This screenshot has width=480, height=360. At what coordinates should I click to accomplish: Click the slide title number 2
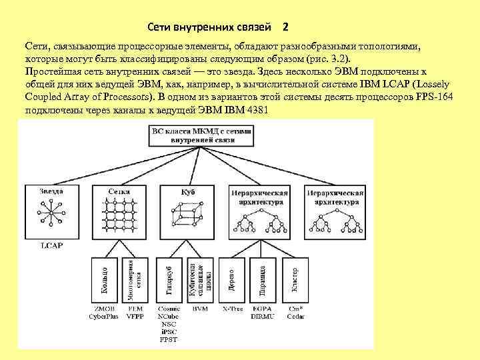[285, 27]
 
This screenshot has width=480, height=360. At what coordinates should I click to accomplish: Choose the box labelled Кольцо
[105, 279]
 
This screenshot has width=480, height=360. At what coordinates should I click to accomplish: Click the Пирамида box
[263, 279]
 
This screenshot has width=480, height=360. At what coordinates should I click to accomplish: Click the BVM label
[199, 310]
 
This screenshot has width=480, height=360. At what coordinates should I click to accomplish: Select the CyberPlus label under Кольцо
[103, 317]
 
